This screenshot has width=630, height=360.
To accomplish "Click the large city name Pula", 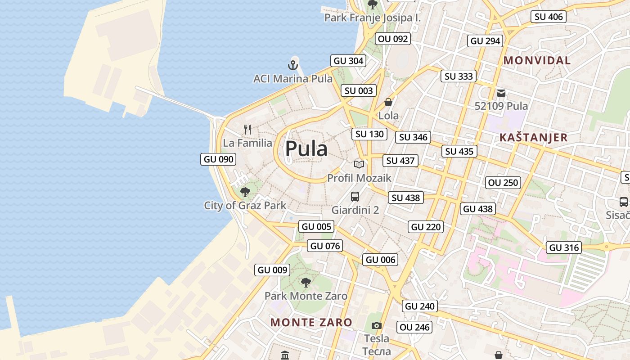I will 306,148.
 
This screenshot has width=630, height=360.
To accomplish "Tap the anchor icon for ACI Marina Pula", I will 293,65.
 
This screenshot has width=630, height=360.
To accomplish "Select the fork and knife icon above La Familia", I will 247,130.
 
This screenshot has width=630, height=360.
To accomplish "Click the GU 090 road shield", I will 219,159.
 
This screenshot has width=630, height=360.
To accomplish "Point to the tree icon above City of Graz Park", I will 245,193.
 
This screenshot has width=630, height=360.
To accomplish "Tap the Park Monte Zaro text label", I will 306,296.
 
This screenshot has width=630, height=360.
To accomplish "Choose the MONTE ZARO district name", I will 311,322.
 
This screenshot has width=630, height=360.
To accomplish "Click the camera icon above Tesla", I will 377,325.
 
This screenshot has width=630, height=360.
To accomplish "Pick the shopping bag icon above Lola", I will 388,102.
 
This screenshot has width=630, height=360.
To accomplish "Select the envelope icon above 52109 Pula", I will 501,93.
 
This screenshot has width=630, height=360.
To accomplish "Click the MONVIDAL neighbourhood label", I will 537,60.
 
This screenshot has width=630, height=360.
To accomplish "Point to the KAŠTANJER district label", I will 534,137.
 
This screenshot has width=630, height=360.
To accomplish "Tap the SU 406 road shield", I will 548,17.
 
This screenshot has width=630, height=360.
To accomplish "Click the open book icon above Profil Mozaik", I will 359,164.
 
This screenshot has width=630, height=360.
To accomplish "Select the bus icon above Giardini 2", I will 355,197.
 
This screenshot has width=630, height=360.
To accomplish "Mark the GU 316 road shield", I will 564,247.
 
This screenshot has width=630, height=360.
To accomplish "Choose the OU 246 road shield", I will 414,327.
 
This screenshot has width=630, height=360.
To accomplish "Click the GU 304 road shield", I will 348,61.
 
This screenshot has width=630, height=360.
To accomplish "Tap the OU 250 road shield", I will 504,183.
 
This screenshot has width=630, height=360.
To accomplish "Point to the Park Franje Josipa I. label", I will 373,18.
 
